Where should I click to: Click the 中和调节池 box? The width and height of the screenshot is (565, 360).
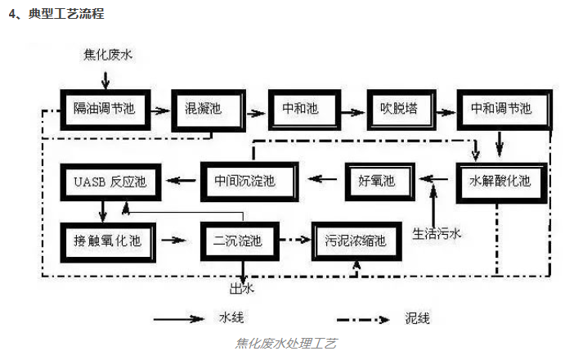[499, 108]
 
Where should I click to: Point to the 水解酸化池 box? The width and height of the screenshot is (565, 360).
[499, 181]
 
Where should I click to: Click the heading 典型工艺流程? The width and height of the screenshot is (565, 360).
[65, 15]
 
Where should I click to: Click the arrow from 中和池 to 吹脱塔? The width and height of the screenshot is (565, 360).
[347, 108]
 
